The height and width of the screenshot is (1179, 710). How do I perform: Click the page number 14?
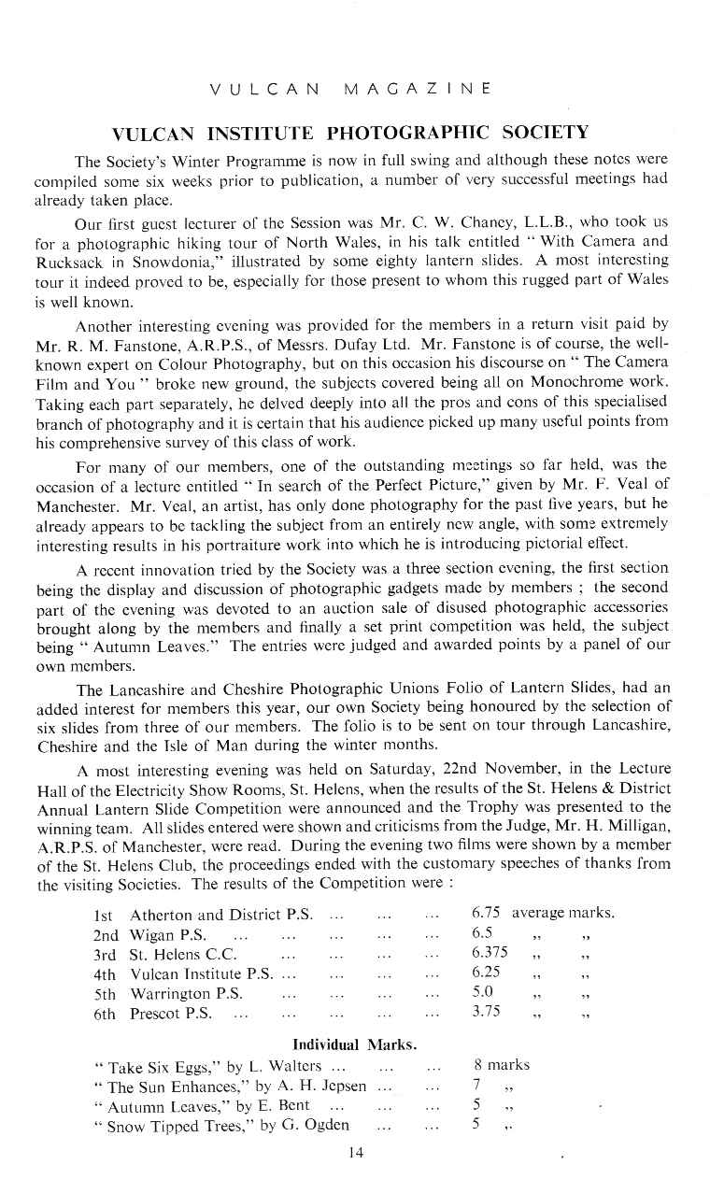pyautogui.click(x=354, y=1153)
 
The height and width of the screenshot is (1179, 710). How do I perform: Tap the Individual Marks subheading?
pyautogui.click(x=354, y=1043)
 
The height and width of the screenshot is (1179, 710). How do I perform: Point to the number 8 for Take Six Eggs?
pyautogui.click(x=477, y=1065)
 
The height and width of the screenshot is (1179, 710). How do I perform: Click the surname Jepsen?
pyautogui.click(x=341, y=1086)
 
